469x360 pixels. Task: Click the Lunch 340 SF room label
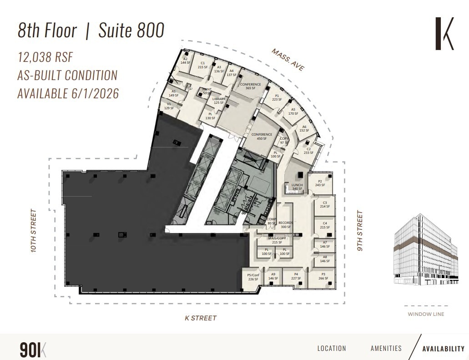297,187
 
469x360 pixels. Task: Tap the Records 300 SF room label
286,225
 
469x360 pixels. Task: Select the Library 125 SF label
219,101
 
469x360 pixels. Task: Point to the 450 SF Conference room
262,136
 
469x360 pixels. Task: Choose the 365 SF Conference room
250,86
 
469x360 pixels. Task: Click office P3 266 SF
323,276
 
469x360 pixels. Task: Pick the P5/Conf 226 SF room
253,277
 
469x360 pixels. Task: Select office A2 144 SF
185,61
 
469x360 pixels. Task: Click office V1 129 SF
168,106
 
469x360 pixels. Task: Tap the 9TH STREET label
360,231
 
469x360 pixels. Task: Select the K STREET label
201,318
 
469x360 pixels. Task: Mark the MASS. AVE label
288,59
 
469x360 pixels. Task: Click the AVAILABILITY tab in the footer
443,349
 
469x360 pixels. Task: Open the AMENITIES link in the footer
386,349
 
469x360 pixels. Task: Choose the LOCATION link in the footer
332,349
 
